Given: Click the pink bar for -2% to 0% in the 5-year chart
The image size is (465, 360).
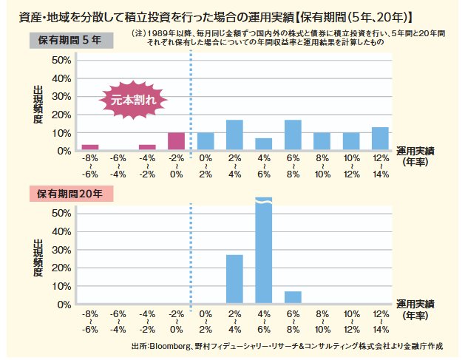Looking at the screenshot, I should click(x=176, y=141).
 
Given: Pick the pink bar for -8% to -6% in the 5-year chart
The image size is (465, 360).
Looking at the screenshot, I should click(x=89, y=147).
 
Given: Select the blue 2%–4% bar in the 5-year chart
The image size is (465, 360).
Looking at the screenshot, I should click(x=234, y=135).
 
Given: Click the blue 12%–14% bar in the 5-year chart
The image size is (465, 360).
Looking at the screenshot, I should click(x=381, y=138).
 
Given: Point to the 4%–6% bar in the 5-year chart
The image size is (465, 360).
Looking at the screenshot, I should click(x=264, y=143).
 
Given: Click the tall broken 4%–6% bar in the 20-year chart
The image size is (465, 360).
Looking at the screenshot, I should click(x=264, y=251).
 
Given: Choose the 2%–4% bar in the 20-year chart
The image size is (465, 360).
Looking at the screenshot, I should click(x=234, y=279).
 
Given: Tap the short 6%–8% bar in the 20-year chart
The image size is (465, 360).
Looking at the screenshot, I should click(x=293, y=297).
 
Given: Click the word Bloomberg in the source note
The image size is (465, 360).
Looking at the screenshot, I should click(x=169, y=345).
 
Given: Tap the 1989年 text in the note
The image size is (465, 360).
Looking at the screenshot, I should click(x=163, y=33).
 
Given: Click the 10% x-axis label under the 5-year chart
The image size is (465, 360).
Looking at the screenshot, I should click(x=351, y=158).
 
